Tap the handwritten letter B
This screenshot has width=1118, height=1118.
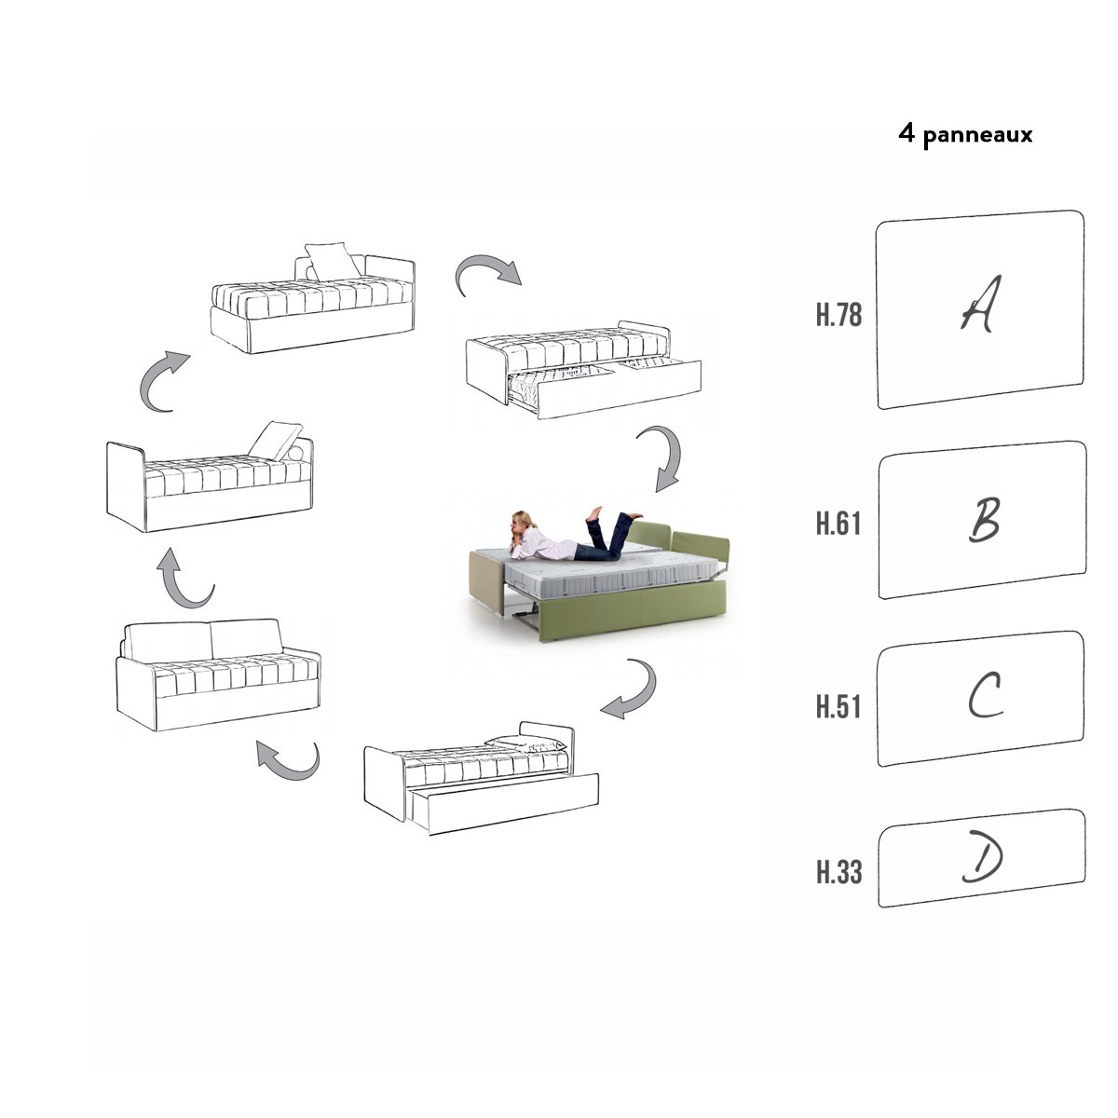984,519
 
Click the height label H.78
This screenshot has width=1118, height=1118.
838,315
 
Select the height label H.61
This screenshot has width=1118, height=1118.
838,524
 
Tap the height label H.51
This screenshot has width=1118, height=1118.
838,706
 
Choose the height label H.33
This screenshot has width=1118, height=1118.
838,872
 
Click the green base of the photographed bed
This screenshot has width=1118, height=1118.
634,613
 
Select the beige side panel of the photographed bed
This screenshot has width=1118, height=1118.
487,579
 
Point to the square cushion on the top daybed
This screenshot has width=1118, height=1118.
333,261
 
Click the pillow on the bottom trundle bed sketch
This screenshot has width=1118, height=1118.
525,743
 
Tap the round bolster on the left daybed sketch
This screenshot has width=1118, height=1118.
296,453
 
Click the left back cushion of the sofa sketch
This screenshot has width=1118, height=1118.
169,641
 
